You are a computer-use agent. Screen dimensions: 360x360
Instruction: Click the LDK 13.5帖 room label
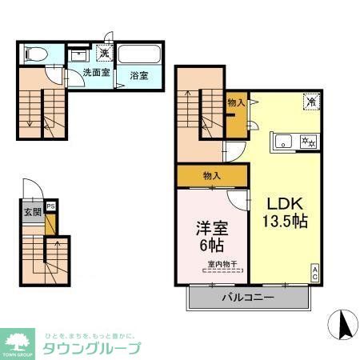coord(282,210)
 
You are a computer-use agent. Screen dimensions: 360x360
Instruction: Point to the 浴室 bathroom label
coord(139,76)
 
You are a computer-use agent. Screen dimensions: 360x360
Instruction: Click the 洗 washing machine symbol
coord(104,54)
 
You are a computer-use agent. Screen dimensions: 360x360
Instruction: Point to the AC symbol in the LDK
coord(314,272)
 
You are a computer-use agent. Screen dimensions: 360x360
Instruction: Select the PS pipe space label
coord(51,206)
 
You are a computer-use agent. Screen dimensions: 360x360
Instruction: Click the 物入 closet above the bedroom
coord(212,175)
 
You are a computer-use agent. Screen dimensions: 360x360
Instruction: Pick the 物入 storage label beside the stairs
coord(236,102)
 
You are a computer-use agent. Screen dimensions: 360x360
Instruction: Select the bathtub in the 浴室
coord(139,58)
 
